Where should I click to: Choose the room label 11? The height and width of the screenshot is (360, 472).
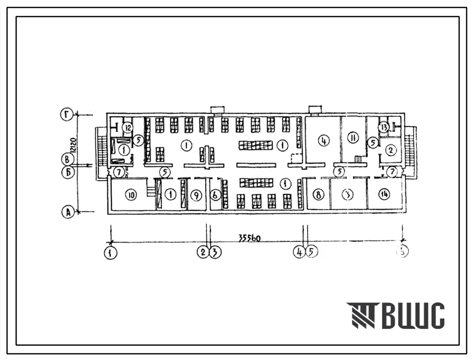click(353, 139)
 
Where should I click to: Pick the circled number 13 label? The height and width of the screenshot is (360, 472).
click(384, 127)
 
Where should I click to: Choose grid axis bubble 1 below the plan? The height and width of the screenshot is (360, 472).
click(111, 252)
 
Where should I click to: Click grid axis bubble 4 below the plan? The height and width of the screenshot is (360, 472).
click(298, 252)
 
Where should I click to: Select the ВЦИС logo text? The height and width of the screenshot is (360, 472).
click(396, 316)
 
